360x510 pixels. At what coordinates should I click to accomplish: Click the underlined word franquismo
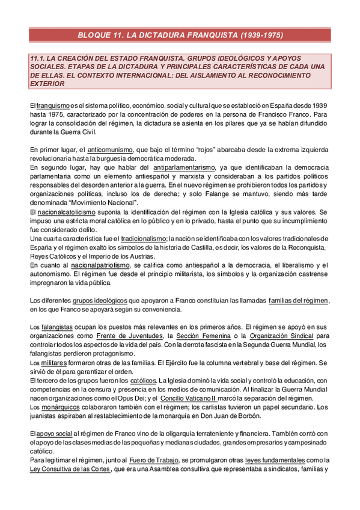(x=53, y=106)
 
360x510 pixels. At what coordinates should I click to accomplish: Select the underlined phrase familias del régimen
(x=299, y=300)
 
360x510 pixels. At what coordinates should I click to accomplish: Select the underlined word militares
(x=55, y=363)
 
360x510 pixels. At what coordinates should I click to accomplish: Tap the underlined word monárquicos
(x=61, y=407)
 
